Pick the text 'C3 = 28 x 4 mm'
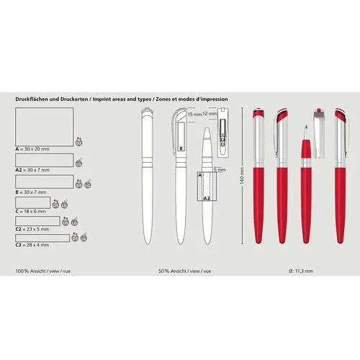pos(32,244)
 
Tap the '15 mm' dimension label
pos(194,114)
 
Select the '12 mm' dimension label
pos(210,114)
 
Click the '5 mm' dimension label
pos(220,170)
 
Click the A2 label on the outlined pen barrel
pos(207,197)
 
